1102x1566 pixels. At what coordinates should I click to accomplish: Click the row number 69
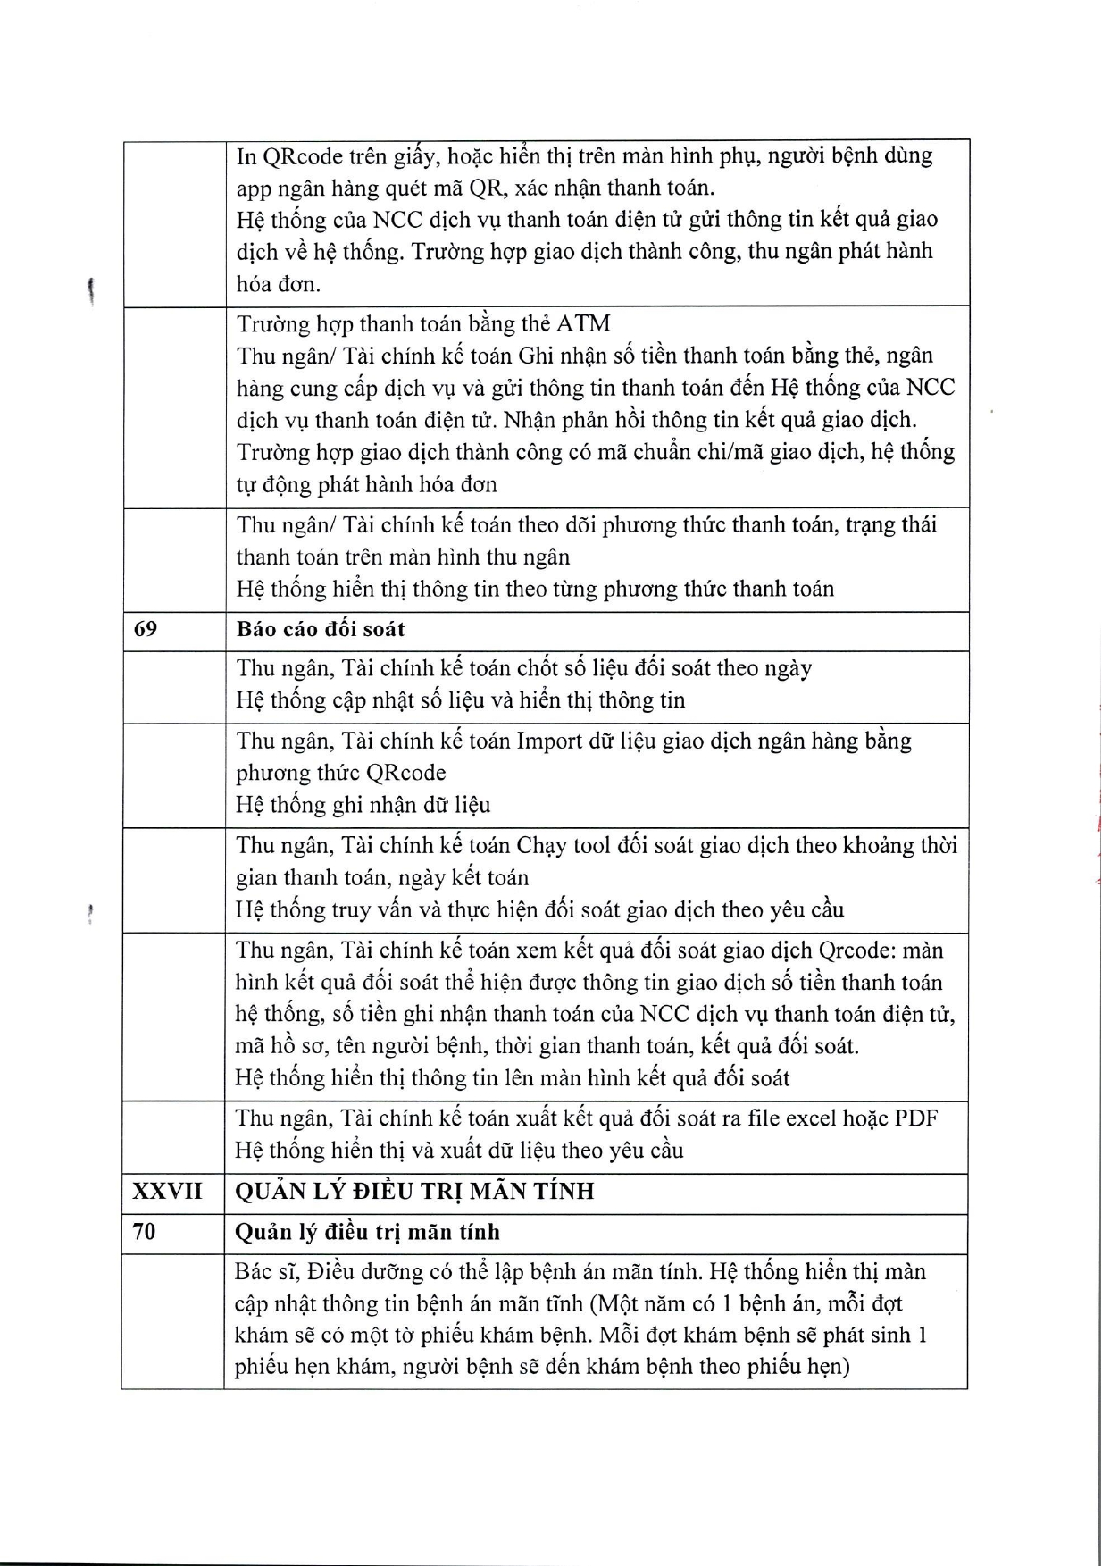point(145,629)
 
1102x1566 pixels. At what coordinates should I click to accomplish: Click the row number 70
point(144,1232)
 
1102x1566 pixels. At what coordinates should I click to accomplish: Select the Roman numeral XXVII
point(167,1191)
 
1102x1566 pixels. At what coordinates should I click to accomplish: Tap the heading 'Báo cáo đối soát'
point(321,629)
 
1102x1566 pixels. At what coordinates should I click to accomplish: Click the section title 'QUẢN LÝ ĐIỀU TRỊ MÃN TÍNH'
point(414,1191)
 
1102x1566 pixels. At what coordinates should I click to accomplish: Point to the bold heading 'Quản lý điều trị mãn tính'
point(367,1233)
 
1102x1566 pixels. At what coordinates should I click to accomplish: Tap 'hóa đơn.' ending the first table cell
point(279,285)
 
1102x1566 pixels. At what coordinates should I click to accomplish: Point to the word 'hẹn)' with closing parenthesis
point(823,1368)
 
